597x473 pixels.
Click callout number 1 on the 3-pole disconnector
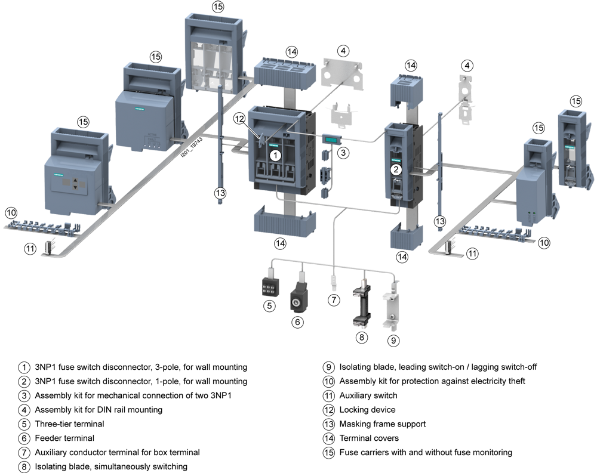tap(275, 155)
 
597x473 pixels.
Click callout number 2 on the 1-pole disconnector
tap(396, 169)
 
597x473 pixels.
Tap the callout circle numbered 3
tap(343, 153)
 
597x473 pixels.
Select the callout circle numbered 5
tap(269, 305)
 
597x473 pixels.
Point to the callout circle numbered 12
tap(239, 119)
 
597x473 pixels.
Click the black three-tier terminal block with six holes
tap(270, 286)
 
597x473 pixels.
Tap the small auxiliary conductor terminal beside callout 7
tap(334, 283)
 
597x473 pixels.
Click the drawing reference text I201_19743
tap(192, 148)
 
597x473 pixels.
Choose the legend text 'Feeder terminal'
tap(64, 438)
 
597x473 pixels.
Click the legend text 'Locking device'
tap(367, 410)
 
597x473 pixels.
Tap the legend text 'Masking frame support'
tap(383, 424)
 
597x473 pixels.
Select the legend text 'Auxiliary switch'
tap(368, 395)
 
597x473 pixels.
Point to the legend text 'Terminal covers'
tap(369, 438)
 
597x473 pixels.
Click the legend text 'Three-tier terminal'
tap(69, 424)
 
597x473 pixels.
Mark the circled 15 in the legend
tap(328, 453)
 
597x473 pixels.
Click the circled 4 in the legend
tap(24, 410)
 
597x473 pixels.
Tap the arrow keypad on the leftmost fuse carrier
tap(75, 184)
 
